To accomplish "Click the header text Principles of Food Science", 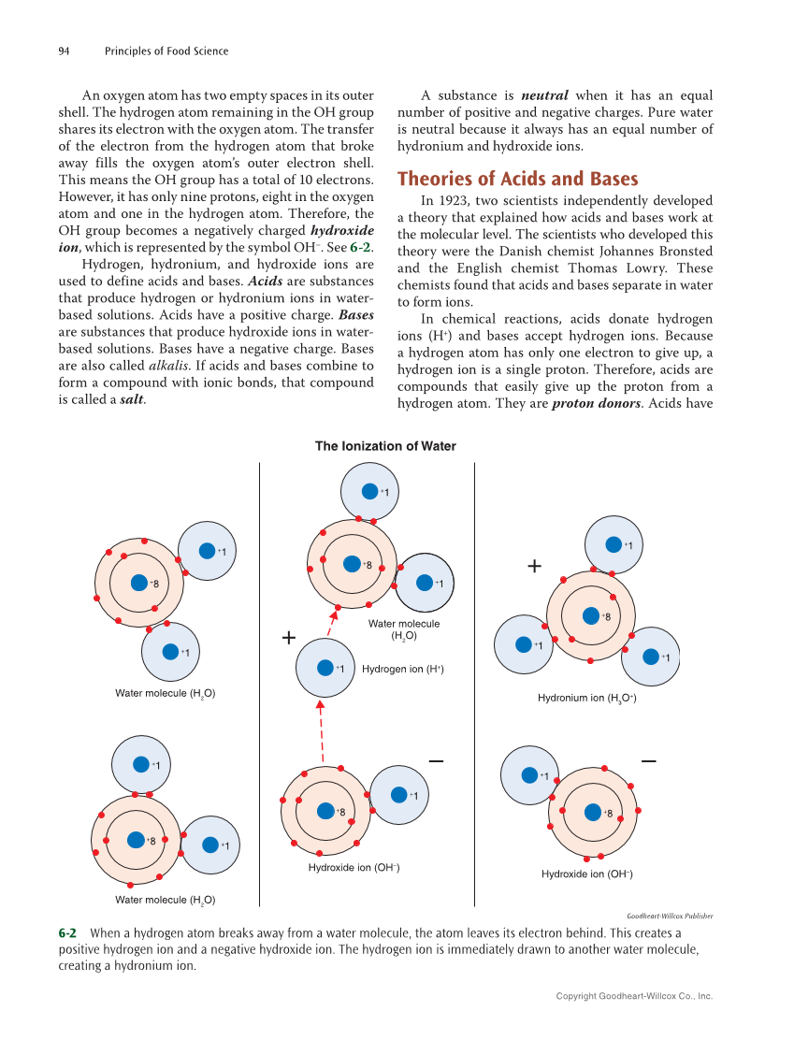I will (x=166, y=51).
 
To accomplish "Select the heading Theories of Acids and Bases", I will (x=518, y=179).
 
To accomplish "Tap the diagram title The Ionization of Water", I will (x=385, y=446).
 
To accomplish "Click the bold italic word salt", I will (x=131, y=399).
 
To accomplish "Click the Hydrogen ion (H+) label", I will (x=402, y=669).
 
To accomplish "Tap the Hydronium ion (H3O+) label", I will (x=586, y=698).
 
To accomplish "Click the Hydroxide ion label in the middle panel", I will (x=354, y=868).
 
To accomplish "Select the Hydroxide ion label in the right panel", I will (x=586, y=874).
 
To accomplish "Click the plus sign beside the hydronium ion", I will (x=534, y=566).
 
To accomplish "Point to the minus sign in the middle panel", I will (x=436, y=761).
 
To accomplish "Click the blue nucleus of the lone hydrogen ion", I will (x=325, y=668).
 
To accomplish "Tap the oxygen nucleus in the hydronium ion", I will (x=591, y=615).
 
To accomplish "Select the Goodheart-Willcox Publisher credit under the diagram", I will (x=669, y=917).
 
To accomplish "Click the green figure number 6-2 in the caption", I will (x=67, y=933).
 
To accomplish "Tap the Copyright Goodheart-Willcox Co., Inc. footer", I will (x=634, y=996).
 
